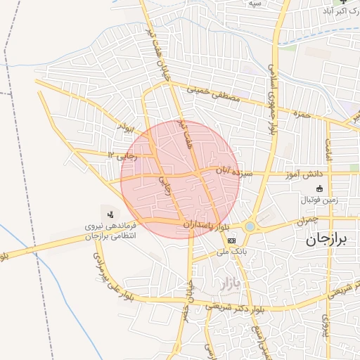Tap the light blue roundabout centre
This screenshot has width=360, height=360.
250,226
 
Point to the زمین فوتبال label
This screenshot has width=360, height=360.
320,200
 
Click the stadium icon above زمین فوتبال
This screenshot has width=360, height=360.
320,188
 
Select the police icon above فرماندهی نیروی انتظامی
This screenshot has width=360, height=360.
110,214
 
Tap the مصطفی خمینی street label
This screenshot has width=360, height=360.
213,96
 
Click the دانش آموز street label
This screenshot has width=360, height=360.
304,174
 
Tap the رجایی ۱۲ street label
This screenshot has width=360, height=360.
120,154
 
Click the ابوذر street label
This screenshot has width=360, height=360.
127,129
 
